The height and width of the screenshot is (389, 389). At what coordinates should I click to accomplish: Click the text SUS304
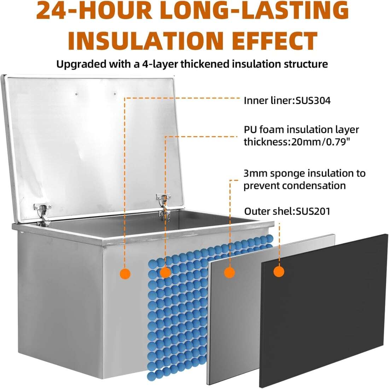click(x=313, y=101)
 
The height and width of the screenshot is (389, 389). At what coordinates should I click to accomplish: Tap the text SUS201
click(x=313, y=211)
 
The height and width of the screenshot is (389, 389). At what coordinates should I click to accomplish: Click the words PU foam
click(x=264, y=130)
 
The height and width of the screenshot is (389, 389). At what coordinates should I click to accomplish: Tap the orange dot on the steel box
click(x=125, y=274)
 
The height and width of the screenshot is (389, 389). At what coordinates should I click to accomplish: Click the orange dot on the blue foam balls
click(x=165, y=272)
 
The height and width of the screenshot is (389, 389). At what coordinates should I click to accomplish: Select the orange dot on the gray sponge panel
click(x=230, y=272)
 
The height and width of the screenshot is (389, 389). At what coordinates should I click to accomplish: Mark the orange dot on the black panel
click(x=279, y=272)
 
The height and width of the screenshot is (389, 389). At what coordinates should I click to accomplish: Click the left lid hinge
click(x=43, y=213)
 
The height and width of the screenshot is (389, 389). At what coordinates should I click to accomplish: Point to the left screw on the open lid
click(x=77, y=94)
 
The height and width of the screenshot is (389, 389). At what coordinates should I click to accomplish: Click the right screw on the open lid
click(x=115, y=94)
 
